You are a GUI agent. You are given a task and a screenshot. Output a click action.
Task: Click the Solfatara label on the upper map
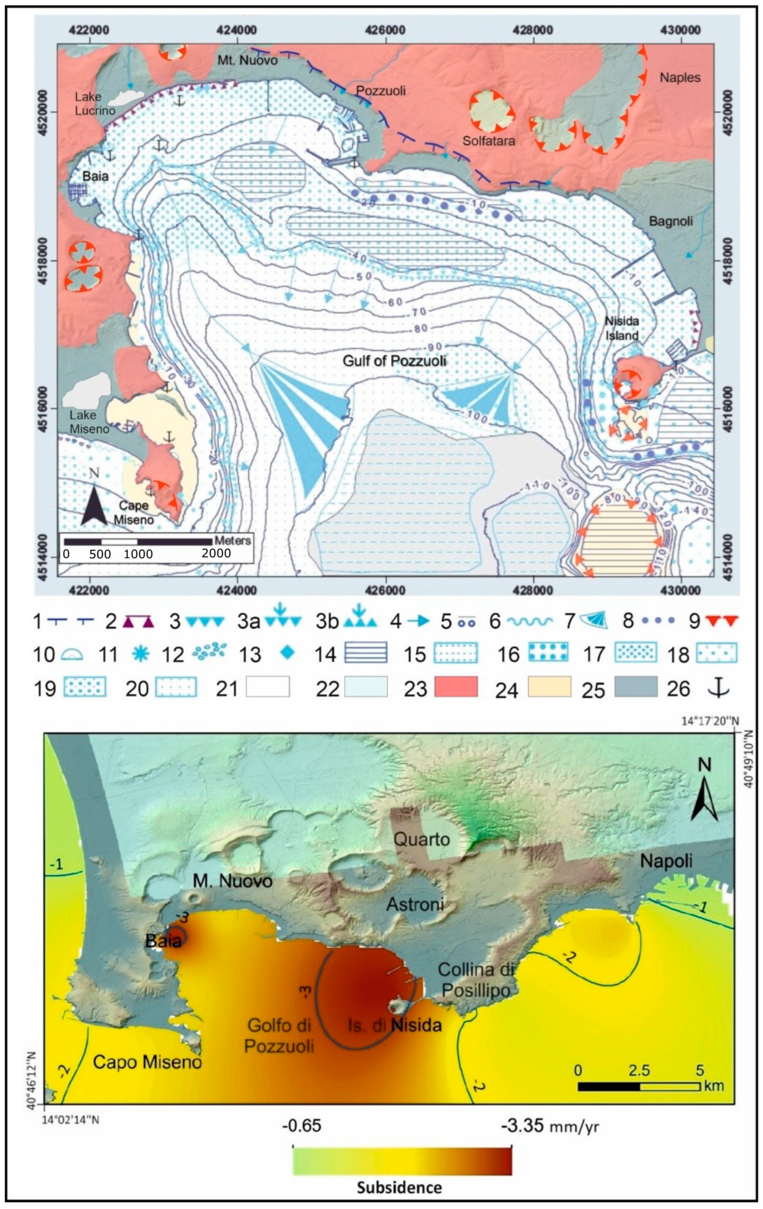(489, 141)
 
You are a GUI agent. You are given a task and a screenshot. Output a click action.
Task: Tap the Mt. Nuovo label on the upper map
(247, 61)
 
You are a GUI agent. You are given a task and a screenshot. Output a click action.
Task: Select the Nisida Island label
(622, 328)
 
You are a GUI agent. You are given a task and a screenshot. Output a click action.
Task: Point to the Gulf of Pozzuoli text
(394, 361)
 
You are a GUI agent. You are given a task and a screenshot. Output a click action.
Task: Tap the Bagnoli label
(671, 221)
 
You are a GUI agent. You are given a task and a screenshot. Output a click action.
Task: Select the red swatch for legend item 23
(455, 687)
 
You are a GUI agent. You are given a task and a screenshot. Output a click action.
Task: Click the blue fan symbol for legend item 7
(594, 622)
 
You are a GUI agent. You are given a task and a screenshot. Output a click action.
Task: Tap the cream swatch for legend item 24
(549, 687)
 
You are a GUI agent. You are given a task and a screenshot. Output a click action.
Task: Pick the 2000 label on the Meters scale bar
(216, 553)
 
